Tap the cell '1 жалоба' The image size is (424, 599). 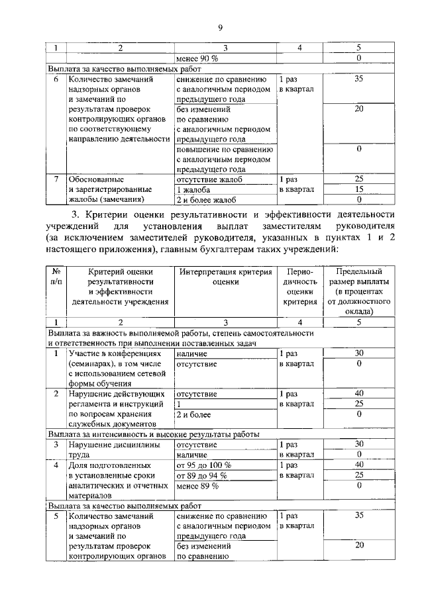[x=194, y=189]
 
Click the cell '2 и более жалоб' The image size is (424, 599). [x=205, y=199]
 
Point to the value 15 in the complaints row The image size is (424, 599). [x=358, y=189]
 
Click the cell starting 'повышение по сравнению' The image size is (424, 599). [x=224, y=159]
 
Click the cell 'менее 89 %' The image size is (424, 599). [x=197, y=485]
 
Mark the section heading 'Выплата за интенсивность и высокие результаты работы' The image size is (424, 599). [x=153, y=434]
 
